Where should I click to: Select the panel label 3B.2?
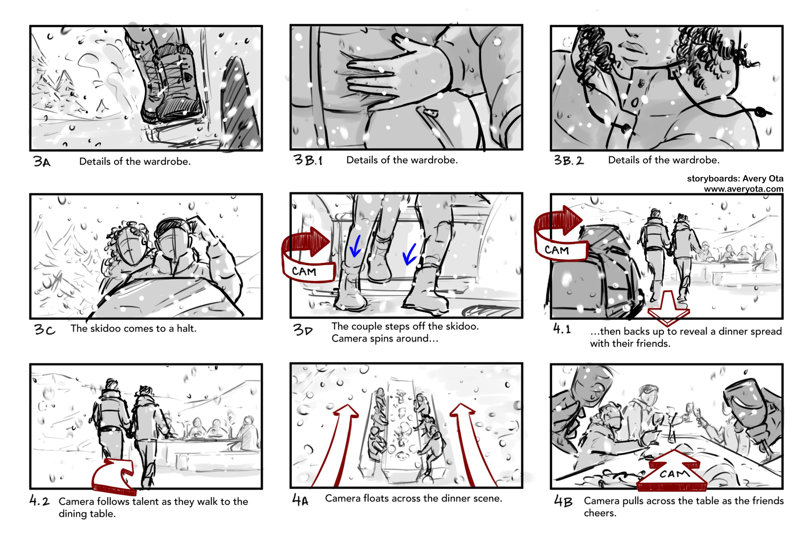[569, 161]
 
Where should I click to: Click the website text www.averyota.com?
[743, 189]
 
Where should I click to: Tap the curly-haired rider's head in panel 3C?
[129, 241]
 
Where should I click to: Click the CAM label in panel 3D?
[304, 272]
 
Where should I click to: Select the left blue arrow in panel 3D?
[356, 246]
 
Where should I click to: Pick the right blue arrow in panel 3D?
[410, 254]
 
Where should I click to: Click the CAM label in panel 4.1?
[557, 250]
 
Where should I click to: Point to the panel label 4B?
[563, 502]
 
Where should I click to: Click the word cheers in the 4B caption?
[599, 513]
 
